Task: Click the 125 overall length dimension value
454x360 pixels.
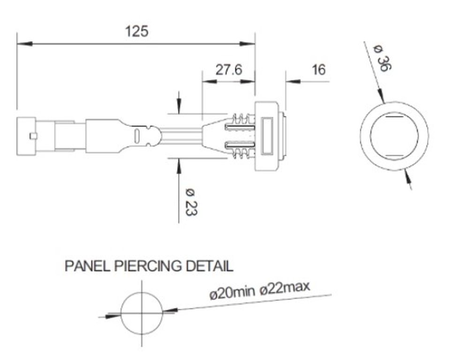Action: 136,31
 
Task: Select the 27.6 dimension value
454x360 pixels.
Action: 229,69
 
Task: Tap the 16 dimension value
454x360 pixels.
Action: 318,70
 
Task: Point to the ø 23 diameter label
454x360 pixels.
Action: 191,202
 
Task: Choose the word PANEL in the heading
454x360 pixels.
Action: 87,266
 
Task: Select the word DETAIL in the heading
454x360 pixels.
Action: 209,266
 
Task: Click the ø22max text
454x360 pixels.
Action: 285,288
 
